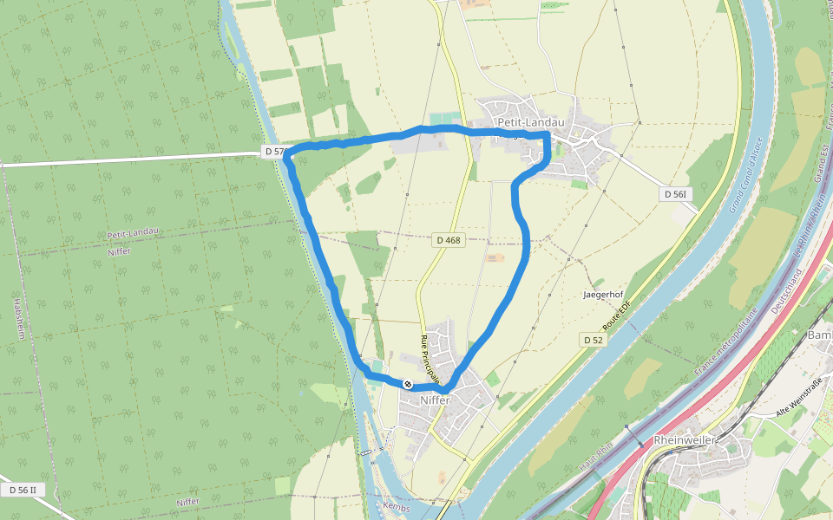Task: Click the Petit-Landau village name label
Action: click(x=530, y=122)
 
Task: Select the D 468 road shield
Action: click(x=449, y=240)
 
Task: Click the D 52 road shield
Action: click(x=594, y=339)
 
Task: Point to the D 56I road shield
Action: click(x=677, y=194)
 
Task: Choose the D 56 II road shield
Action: click(x=23, y=490)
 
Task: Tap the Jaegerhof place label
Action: click(x=603, y=295)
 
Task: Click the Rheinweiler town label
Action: click(x=684, y=440)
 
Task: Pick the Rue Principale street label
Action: click(x=429, y=359)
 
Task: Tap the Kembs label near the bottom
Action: click(x=395, y=506)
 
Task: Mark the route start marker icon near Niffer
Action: click(x=407, y=383)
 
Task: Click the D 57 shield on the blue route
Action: click(x=274, y=152)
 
